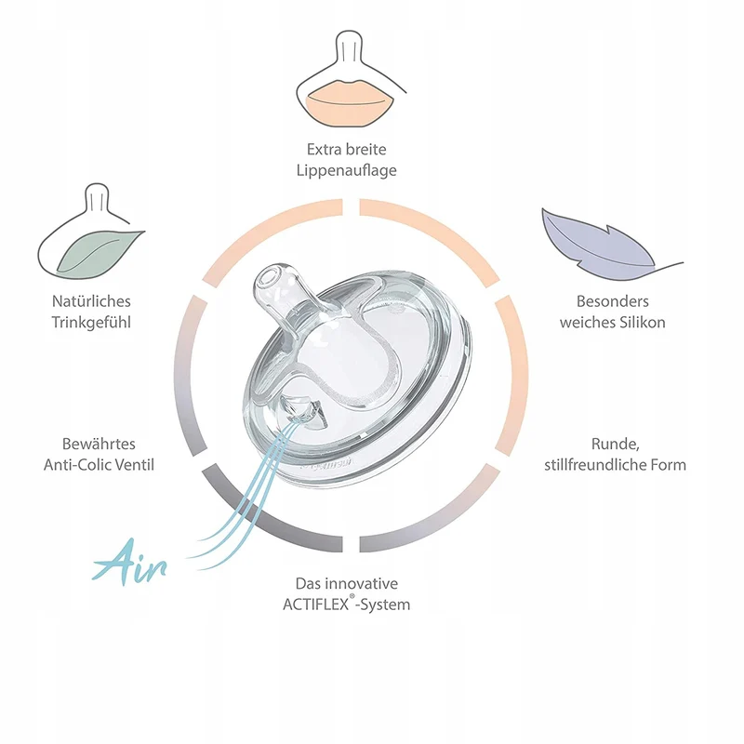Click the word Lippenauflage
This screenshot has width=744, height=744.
[346, 171]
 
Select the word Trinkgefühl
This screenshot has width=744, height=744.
[91, 323]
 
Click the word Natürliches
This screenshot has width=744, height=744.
[91, 301]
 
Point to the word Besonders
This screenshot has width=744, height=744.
[613, 301]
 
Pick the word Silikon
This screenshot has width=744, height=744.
[642, 323]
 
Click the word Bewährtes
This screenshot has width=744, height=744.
[99, 445]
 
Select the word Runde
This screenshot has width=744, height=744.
[615, 445]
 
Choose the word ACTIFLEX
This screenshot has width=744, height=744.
[315, 605]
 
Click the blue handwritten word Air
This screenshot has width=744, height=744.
[130, 563]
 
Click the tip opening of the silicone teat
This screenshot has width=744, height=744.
[267, 278]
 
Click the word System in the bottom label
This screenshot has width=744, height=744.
[385, 605]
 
